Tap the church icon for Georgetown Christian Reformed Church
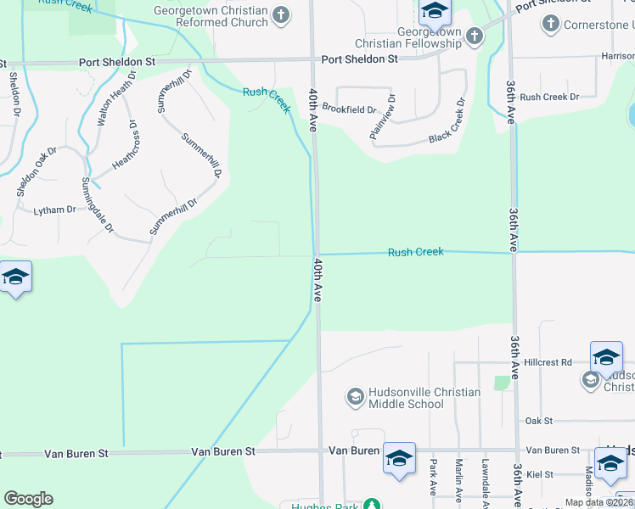(282, 14)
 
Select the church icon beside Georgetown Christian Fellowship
(474, 36)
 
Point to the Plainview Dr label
(383, 117)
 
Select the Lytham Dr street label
(54, 210)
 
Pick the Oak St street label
(539, 421)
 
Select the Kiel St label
(539, 474)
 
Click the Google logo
(28, 498)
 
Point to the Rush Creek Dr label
(549, 97)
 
